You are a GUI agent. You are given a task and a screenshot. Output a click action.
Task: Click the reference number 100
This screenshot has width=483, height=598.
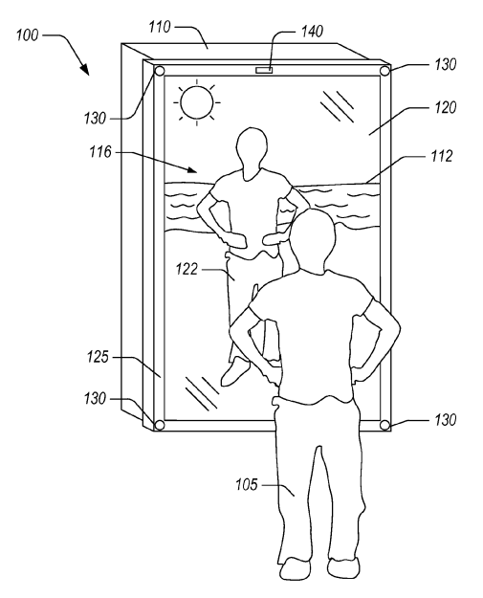coord(27,35)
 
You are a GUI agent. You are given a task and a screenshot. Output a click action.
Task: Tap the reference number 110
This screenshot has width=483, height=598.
coord(160,28)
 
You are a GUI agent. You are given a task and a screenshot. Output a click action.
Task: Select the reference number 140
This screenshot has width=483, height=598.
coord(312,32)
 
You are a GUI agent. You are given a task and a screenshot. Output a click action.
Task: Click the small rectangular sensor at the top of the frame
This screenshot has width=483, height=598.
coord(264,70)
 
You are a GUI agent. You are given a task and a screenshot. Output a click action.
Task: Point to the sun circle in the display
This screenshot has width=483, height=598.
coord(197,102)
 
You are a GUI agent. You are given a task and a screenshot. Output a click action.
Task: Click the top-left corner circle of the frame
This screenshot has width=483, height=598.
coord(159,72)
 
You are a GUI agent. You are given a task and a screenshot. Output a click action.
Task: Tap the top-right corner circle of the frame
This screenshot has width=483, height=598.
coord(385,71)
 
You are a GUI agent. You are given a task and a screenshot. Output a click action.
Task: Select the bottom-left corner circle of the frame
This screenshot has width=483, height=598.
coord(159,425)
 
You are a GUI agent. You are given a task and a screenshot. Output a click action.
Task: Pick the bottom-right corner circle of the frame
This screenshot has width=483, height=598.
coord(385,425)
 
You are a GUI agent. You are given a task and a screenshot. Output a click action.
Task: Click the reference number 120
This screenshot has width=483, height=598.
coord(446,108)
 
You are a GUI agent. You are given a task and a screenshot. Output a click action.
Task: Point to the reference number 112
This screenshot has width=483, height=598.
coord(441,156)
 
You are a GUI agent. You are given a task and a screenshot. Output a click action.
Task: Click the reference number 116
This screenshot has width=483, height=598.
coord(100,152)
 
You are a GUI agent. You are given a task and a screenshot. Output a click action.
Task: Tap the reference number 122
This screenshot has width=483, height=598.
coord(187,270)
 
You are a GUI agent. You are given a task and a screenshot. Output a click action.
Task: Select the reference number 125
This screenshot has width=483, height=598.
coord(98,357)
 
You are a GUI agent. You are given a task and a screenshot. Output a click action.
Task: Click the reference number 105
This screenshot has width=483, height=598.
coord(247,485)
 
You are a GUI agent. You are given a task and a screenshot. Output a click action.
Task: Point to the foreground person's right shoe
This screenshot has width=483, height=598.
coord(343,567)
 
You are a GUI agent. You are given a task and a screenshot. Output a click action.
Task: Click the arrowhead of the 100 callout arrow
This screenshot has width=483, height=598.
coord(84,69)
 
